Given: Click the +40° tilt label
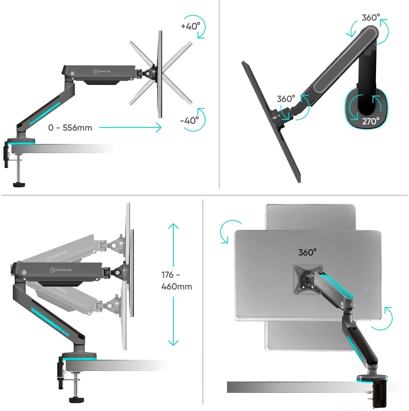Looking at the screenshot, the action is point(190,26).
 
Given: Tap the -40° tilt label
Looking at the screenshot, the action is point(189,120).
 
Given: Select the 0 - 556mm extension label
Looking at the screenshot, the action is point(70,128).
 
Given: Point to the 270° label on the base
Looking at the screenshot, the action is point(371,121).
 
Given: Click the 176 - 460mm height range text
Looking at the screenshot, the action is point(177,281).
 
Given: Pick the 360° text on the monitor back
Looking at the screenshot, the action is point(307,252).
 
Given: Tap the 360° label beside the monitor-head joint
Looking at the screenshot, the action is point(286,99).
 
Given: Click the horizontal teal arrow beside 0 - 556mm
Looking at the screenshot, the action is point(130,128).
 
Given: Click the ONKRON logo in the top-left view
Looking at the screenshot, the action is point(102,71).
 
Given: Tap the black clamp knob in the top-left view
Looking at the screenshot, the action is point(19,184).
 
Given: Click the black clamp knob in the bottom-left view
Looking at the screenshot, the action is point(75,400).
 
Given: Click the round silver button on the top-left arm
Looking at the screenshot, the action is point(72,74).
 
